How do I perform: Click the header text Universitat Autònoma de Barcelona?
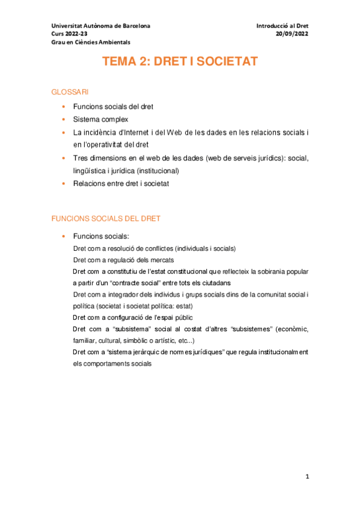pos(101,26)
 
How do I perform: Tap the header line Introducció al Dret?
pos(282,26)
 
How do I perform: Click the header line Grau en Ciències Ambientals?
pos(90,42)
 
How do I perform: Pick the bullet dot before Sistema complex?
pos(64,119)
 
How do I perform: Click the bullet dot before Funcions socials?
pos(64,236)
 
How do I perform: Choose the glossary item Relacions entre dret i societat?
pos(121,183)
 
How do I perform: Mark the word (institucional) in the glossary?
pos(159,170)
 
